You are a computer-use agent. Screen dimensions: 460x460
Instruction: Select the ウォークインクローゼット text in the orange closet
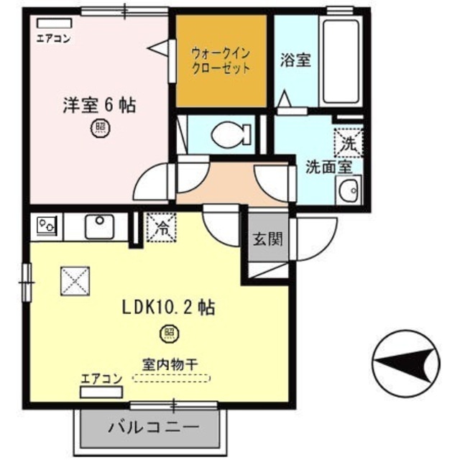pyautogui.click(x=221, y=60)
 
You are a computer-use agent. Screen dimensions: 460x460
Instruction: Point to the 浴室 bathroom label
pyautogui.click(x=295, y=60)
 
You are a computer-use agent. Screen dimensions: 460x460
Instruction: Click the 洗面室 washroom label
pyautogui.click(x=328, y=167)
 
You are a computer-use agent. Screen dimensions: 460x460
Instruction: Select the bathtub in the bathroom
pyautogui.click(x=341, y=60)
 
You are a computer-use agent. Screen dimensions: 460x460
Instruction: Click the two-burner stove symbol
pyautogui.click(x=48, y=226)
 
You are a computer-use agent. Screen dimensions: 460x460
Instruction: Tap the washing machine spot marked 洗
pyautogui.click(x=348, y=142)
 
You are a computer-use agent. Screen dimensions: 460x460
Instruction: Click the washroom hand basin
pyautogui.click(x=349, y=192)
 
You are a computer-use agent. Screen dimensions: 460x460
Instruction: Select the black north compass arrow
pyautogui.click(x=408, y=361)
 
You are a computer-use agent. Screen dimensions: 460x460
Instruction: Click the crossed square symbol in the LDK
pyautogui.click(x=75, y=280)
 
